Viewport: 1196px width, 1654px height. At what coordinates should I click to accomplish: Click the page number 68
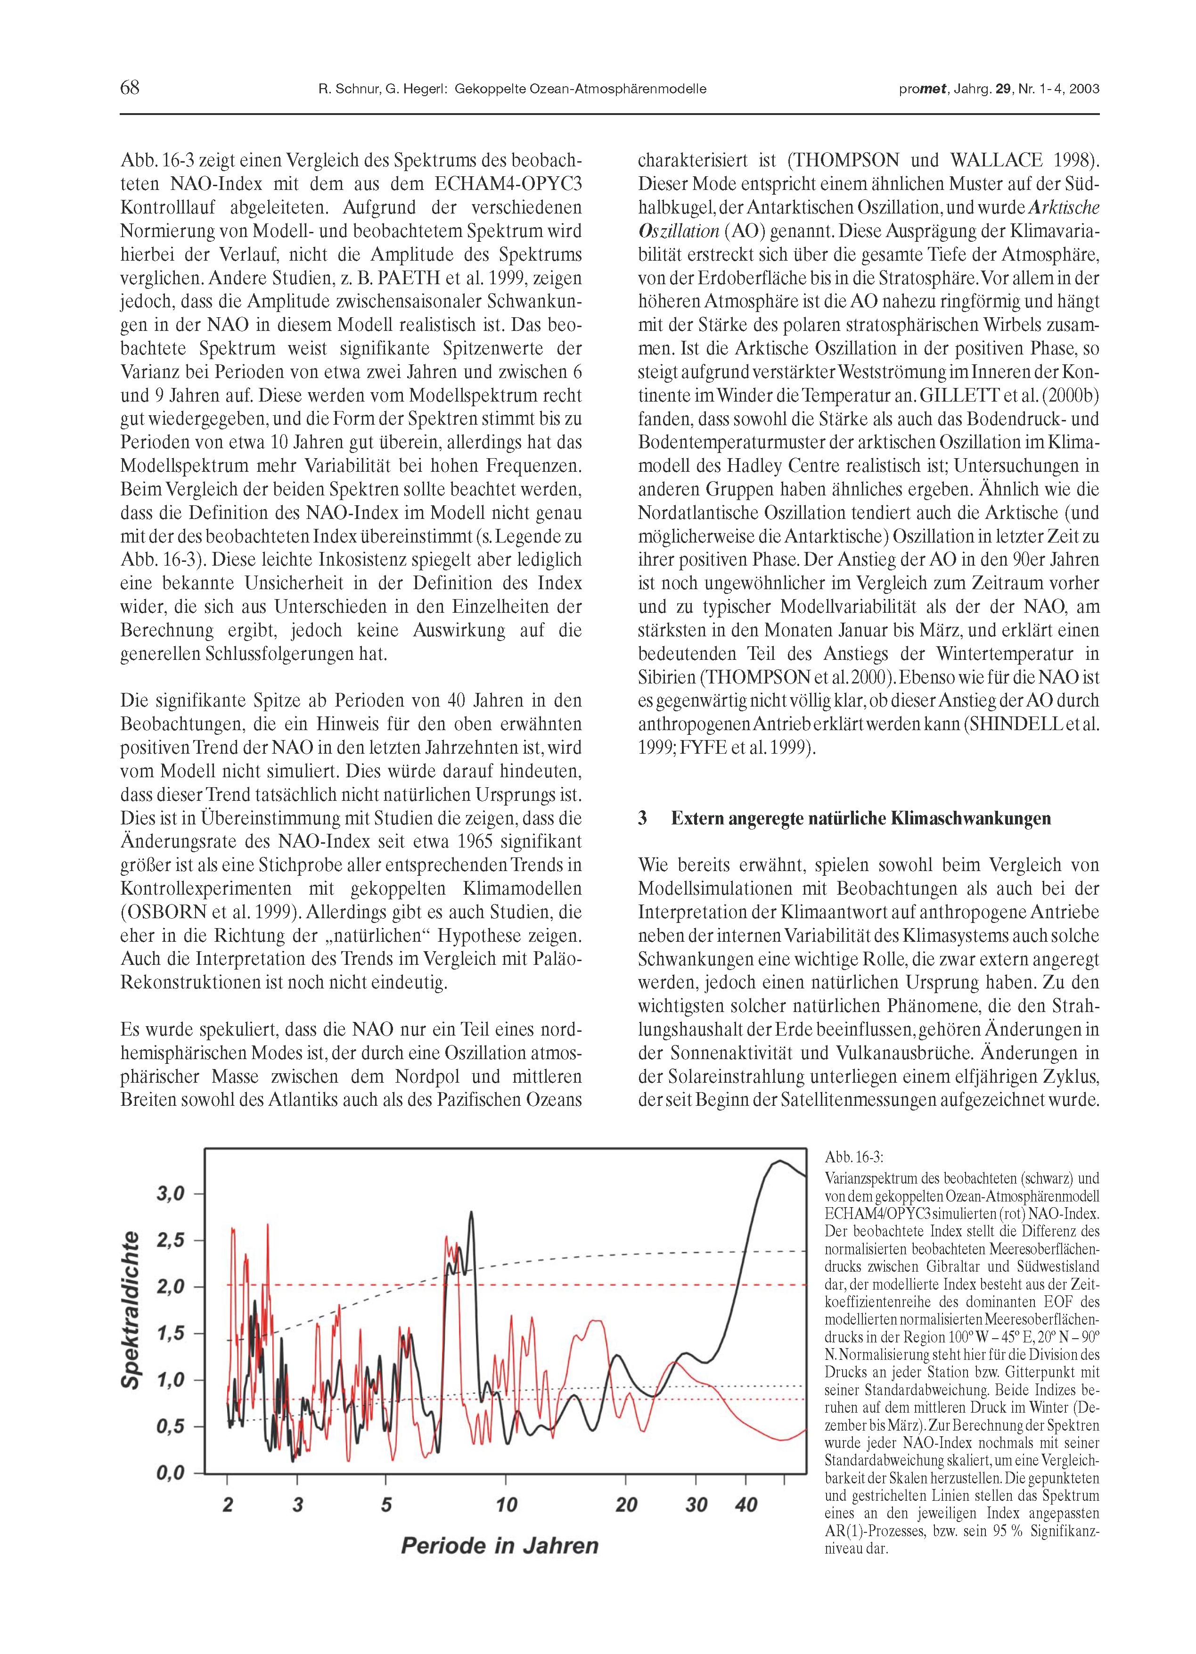pyautogui.click(x=130, y=88)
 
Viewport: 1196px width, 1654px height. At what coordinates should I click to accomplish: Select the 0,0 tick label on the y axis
pyautogui.click(x=171, y=1473)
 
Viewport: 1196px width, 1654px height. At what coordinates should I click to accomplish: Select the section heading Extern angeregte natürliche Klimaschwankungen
pyautogui.click(x=860, y=817)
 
